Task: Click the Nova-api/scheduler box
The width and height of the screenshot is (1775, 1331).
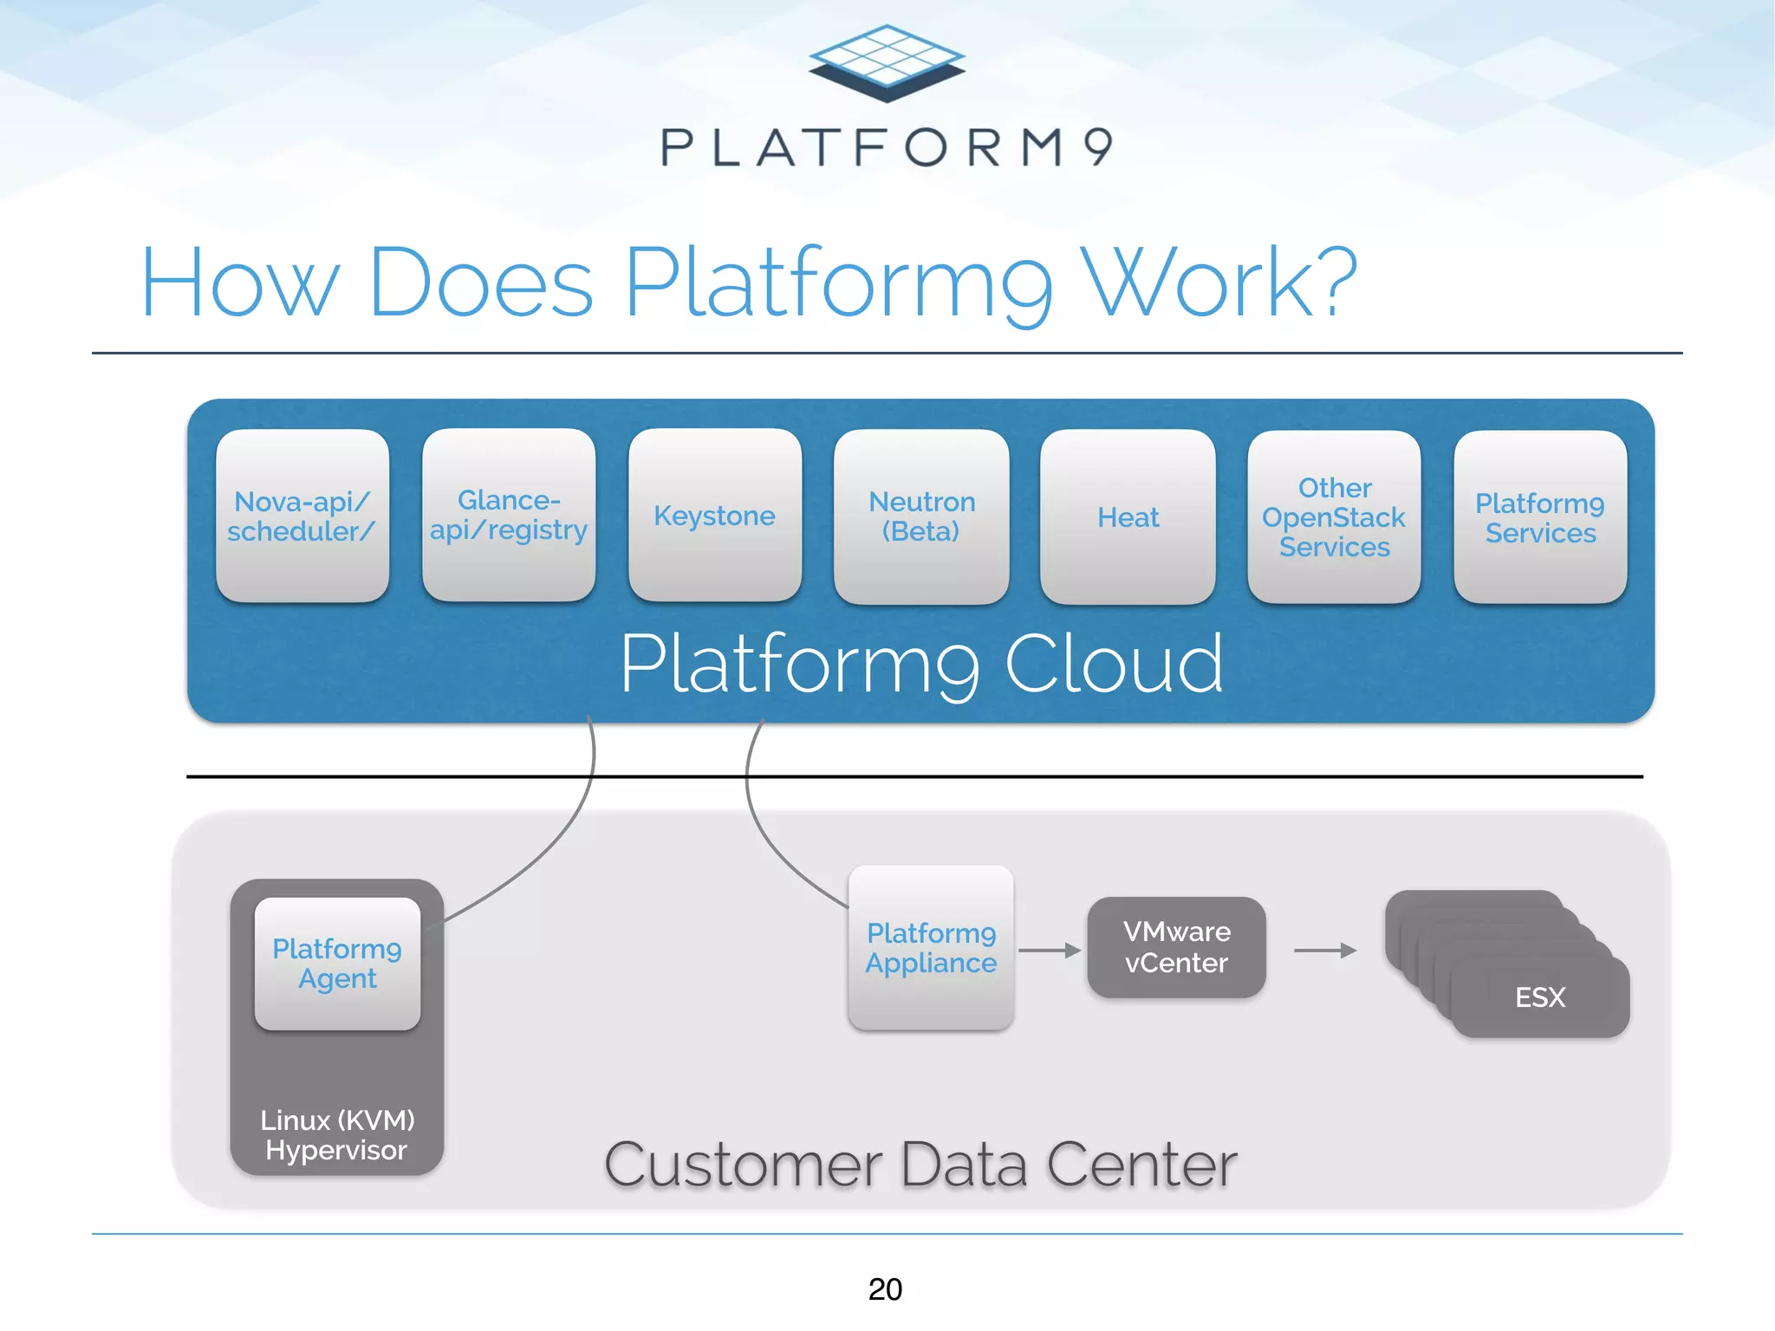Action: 302,516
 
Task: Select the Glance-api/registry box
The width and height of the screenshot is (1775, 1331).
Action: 509,516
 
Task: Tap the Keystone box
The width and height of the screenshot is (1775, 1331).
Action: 714,516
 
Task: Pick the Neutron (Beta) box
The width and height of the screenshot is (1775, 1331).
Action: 921,516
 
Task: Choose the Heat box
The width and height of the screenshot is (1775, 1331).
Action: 1128,517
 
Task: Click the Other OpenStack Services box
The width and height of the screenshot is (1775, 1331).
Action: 1334,517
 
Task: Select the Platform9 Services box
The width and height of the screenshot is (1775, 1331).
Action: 1540,517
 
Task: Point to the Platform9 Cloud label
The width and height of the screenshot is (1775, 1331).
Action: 921,664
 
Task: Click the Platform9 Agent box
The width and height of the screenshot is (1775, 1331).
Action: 337,964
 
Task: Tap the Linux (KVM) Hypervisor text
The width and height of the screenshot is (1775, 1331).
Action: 337,1134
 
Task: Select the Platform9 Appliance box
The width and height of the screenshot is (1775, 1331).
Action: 931,948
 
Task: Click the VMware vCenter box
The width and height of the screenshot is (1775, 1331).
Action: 1176,947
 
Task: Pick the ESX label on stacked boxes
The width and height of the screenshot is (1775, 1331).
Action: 1540,997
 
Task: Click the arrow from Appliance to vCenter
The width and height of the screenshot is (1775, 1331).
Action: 1050,951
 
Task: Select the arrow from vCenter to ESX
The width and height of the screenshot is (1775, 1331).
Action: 1324,951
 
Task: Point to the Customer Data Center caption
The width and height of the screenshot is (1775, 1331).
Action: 920,1165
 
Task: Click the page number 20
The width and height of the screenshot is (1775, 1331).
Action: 885,1289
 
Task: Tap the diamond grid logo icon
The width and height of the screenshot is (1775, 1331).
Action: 887,62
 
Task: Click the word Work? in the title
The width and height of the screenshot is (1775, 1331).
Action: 1222,282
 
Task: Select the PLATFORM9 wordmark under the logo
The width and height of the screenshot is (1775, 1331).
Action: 887,147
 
